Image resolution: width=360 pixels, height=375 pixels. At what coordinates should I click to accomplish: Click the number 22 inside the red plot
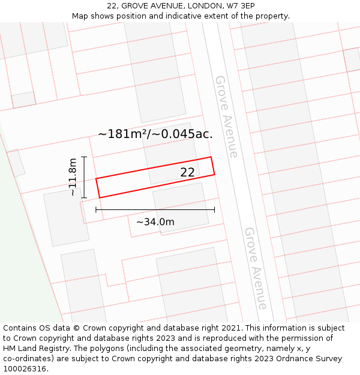[x=187, y=172]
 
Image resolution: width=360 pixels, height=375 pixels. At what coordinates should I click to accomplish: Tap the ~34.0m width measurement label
[x=155, y=222]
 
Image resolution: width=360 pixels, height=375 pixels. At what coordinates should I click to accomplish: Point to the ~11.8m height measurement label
[x=73, y=177]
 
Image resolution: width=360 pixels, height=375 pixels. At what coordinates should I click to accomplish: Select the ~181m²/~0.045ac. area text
[x=155, y=134]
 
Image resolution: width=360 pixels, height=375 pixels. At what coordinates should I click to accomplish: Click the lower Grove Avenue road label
[x=255, y=268]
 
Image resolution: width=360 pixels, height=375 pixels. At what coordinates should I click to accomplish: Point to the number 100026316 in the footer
[x=25, y=369]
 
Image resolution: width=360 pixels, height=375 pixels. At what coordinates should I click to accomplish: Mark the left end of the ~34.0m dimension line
[x=96, y=209]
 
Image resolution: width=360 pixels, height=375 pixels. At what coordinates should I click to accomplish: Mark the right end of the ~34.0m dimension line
[x=214, y=209]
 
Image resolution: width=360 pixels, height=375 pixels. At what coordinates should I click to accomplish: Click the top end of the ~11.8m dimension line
[x=84, y=157]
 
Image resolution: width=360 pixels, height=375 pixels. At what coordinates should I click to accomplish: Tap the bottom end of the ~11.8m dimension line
[x=84, y=197]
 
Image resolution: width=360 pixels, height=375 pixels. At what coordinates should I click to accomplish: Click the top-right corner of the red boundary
[x=211, y=157]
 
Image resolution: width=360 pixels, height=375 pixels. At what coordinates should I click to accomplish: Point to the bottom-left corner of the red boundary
[x=100, y=197]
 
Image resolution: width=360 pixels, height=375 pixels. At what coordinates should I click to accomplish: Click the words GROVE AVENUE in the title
[x=148, y=6]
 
